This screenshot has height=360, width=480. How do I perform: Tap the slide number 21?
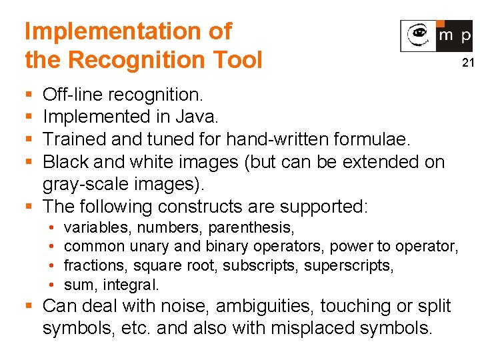pos(467,63)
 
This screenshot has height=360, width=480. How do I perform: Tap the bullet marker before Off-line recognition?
pos(27,95)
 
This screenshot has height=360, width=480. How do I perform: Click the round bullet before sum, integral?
pos(51,285)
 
